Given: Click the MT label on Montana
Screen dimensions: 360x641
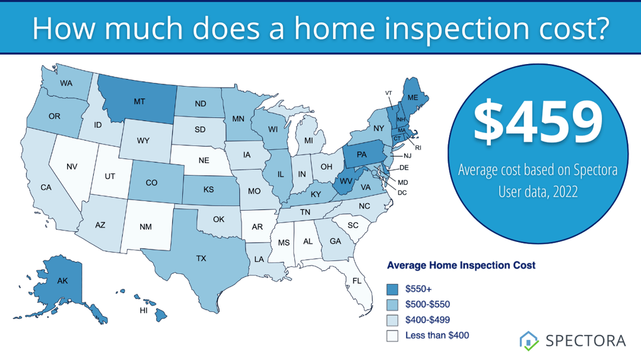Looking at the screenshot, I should click(x=139, y=101).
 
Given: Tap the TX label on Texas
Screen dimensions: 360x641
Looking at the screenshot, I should click(x=201, y=258).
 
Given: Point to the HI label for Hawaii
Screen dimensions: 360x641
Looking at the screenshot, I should click(x=143, y=310).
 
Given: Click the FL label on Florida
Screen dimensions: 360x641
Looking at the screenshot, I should click(x=357, y=281).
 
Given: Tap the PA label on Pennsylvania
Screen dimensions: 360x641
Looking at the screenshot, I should click(x=362, y=155).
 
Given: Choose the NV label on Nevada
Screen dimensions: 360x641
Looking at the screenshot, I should click(x=72, y=167).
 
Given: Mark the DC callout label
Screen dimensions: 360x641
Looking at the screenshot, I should click(x=402, y=192).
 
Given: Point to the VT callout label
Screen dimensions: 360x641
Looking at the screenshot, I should click(x=389, y=93).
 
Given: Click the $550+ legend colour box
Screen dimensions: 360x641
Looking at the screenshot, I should click(x=392, y=289).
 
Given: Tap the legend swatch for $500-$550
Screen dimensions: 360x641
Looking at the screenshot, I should click(x=392, y=304).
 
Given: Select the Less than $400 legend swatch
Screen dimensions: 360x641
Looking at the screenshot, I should click(x=392, y=335).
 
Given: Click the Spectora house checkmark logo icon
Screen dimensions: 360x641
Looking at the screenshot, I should click(x=528, y=340).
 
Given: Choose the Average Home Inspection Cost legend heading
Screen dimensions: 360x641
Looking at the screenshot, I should click(x=461, y=265).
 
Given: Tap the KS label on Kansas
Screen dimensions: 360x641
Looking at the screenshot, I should click(x=208, y=190).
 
